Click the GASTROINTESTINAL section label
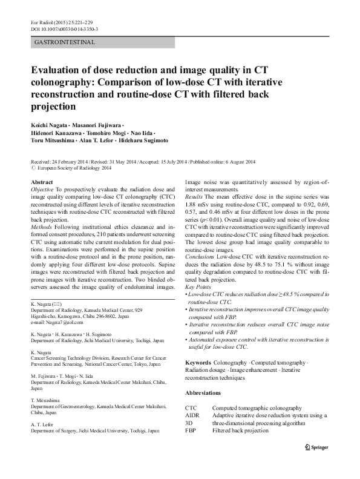point(62,42)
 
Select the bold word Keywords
point(199,362)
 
